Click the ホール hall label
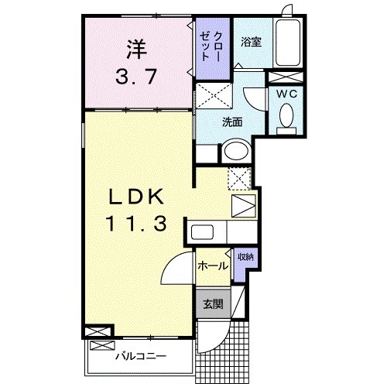(x=213, y=265)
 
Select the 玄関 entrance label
(x=213, y=303)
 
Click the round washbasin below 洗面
(x=235, y=152)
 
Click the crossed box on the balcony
(x=100, y=331)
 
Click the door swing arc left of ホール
(x=176, y=271)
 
